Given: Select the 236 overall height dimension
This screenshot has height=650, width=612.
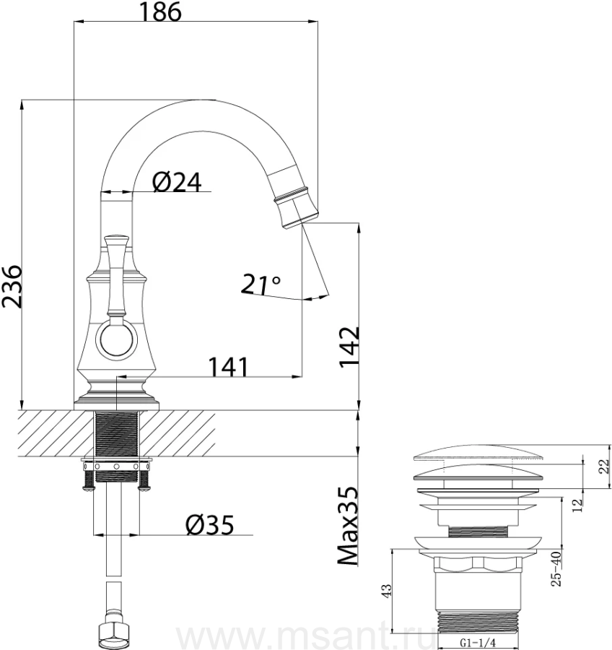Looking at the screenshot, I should click(x=12, y=287).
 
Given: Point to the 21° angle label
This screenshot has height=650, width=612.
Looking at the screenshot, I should click(x=261, y=285).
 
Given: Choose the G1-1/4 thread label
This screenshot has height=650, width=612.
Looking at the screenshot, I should click(x=478, y=641).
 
